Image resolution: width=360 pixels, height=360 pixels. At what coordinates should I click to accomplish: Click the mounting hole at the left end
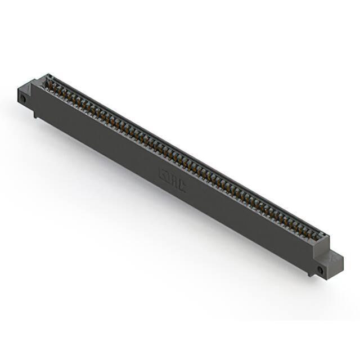pyautogui.click(x=24, y=99)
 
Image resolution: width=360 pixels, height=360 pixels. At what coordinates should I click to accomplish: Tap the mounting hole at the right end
pyautogui.click(x=321, y=271)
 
